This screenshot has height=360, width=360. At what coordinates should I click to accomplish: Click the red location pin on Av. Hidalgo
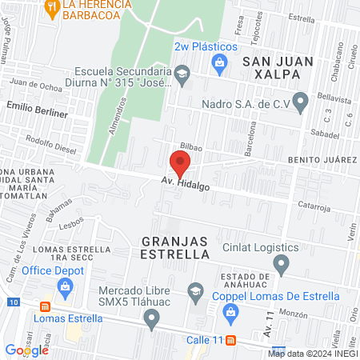(181, 164)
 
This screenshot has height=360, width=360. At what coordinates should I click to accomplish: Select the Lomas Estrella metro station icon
(46, 305)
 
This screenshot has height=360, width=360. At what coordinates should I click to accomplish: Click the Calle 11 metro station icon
(231, 339)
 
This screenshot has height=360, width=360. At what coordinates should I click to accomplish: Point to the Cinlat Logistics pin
(281, 263)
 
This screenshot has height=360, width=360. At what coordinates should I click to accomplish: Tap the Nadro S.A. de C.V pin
(301, 102)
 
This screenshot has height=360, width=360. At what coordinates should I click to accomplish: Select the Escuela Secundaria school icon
(182, 75)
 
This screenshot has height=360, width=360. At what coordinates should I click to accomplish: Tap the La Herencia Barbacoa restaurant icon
(53, 8)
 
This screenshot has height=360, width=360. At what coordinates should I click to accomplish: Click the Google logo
(27, 350)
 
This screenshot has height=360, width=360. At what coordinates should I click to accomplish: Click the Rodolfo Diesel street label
(49, 145)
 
